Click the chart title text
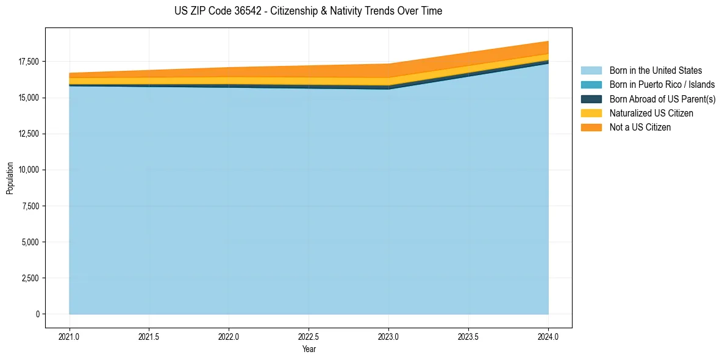tap(308, 11)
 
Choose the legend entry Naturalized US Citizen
tap(651, 113)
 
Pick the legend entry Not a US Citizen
tap(640, 127)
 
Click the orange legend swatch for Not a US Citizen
tap(591, 127)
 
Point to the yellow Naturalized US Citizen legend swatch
tap(591, 113)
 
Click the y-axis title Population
tap(10, 178)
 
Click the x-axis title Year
tap(309, 349)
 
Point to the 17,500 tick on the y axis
tap(29, 62)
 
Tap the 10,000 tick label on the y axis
tap(29, 170)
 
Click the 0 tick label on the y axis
tap(37, 314)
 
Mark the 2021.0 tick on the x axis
tap(70, 336)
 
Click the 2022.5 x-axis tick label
tap(309, 336)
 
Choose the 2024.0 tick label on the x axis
tap(548, 336)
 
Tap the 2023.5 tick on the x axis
tap(468, 336)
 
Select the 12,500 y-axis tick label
tap(29, 134)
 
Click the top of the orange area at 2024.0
tap(548, 41)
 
